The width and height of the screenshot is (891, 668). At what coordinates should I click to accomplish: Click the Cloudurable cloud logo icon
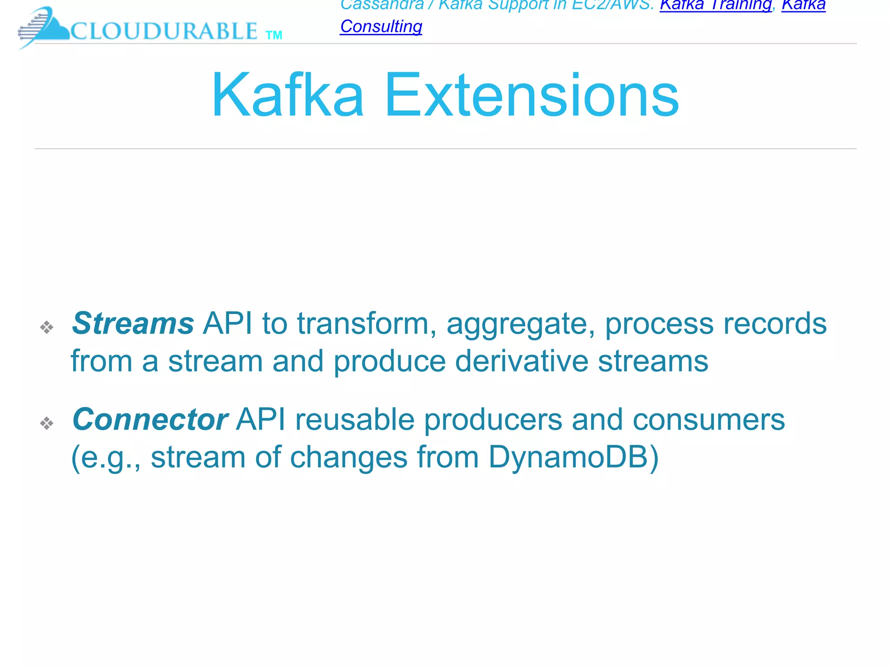coord(44,27)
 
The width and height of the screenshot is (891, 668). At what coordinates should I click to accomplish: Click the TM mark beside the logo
coord(274,35)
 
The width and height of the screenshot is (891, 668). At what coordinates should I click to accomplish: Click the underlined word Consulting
coord(381,27)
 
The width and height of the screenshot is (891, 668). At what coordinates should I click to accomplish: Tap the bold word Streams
coord(133,324)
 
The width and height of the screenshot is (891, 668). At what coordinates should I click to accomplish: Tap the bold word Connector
coord(150,420)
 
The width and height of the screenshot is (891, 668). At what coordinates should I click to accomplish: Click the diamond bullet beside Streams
coord(47,327)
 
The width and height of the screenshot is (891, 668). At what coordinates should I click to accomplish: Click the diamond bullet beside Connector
coord(47,423)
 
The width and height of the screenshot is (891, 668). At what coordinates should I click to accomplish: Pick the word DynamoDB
coord(573,458)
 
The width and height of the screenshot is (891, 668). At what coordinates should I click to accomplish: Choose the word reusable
coord(355,420)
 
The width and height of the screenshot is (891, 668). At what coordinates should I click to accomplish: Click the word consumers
coord(709,420)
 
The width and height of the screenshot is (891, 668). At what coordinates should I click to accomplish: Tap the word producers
coord(493,421)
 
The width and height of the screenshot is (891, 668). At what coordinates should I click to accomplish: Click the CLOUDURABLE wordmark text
coord(164,31)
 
